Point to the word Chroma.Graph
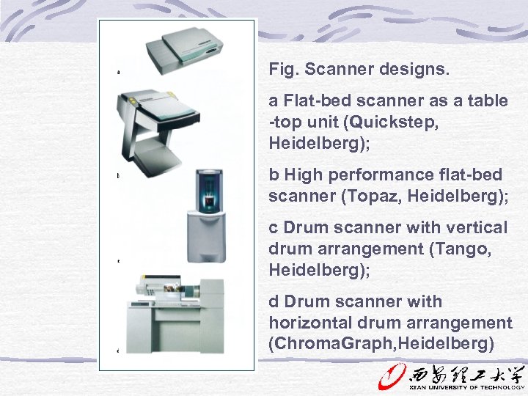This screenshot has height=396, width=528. tap(327, 344)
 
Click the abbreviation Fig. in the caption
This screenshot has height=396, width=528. tap(283, 70)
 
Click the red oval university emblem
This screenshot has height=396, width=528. tap(388, 377)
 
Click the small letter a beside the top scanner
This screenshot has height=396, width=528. tap(118, 72)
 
